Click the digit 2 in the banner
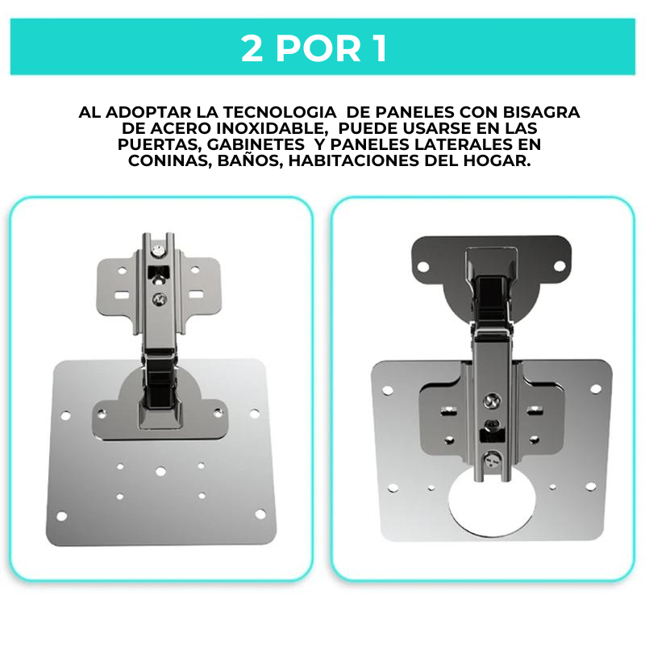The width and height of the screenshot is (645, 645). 252,48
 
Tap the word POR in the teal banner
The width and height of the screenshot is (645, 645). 318,48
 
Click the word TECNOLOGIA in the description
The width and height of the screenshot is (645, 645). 279,112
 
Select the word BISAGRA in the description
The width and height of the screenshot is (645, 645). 541,112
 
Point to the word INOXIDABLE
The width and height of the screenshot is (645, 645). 272,128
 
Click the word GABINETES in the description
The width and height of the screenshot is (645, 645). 256,144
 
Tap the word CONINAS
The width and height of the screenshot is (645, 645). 170,160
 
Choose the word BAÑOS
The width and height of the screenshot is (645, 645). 250,160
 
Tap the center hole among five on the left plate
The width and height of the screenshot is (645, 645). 160,472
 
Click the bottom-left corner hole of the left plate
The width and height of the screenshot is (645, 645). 62,516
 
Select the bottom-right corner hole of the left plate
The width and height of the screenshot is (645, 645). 260,514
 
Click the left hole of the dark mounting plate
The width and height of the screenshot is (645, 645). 423,267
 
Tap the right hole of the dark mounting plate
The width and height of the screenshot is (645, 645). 560,266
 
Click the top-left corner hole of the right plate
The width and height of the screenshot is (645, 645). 388,390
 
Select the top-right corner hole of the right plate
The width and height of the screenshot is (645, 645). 596,389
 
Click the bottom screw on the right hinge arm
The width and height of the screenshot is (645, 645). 493,460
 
